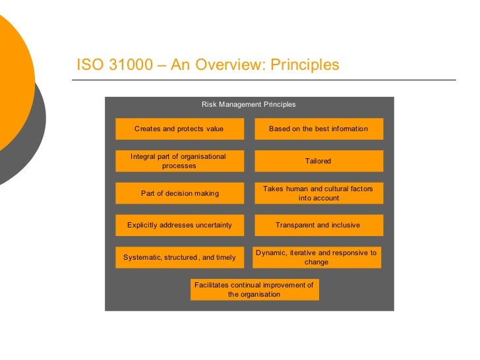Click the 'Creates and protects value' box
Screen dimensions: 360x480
tap(179, 129)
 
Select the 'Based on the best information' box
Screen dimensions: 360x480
tap(318, 129)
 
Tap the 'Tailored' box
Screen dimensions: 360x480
tap(318, 161)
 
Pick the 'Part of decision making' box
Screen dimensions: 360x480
tap(179, 193)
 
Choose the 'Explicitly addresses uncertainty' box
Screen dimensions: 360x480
tap(179, 225)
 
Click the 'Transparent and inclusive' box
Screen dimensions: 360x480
tap(318, 225)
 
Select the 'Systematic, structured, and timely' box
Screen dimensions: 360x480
tap(179, 257)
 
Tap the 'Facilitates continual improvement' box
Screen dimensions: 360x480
tap(255, 289)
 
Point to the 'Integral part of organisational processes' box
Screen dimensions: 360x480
tap(179, 161)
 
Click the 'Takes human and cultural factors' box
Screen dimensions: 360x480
tap(318, 193)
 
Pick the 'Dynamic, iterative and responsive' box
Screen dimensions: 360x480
tap(316, 257)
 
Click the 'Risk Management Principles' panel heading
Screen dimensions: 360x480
tap(249, 104)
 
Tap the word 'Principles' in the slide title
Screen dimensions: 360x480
tap(305, 65)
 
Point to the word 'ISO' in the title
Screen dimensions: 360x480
tap(88, 65)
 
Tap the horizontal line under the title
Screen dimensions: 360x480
tap(264, 80)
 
